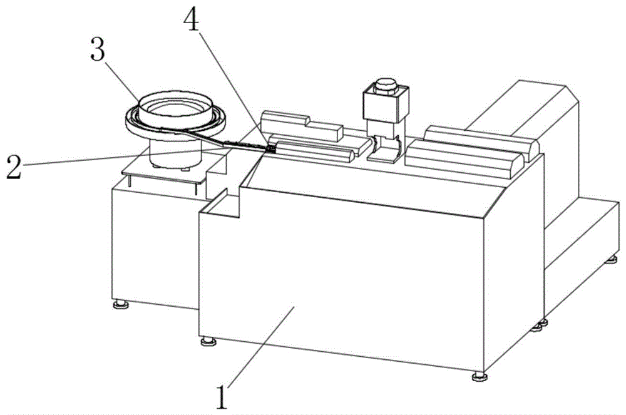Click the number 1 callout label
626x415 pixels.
pyautogui.click(x=224, y=396)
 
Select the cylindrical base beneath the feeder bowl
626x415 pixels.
pyautogui.click(x=176, y=153)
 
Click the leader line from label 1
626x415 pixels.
pyautogui.click(x=260, y=344)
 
